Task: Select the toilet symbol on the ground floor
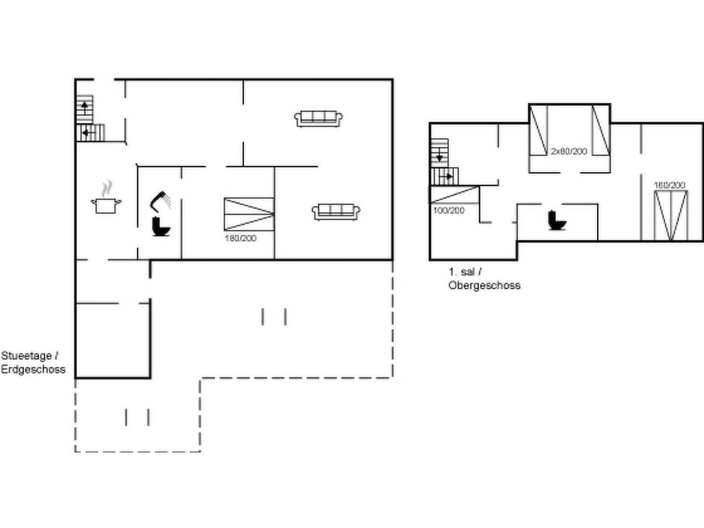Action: click(161, 227)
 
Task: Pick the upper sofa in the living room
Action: click(318, 119)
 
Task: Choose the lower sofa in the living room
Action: click(336, 212)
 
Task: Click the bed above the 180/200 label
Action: click(249, 214)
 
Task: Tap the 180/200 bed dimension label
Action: click(240, 238)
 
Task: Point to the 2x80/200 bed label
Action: click(569, 151)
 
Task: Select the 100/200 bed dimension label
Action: click(449, 211)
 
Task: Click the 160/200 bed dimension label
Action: click(670, 185)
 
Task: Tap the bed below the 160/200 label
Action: click(670, 216)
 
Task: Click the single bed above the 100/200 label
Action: click(454, 195)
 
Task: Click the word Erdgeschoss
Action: click(33, 369)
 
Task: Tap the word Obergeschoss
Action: click(485, 285)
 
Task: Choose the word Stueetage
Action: click(26, 356)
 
